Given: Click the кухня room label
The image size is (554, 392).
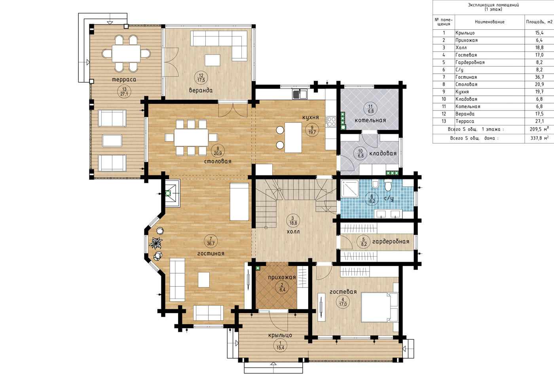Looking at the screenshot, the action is tap(310, 117).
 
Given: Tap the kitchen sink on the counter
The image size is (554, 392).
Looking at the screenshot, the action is tap(300, 94).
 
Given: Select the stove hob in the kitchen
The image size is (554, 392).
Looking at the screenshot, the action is tap(331, 122).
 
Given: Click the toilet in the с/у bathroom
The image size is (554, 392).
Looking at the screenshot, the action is tap(388, 185).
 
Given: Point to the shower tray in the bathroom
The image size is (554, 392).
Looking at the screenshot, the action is tap(350, 188).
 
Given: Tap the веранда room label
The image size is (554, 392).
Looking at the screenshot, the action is tap(201, 90).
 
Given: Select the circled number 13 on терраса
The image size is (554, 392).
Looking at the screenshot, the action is tap(124, 91).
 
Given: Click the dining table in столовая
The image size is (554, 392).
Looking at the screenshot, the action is tap(191, 137).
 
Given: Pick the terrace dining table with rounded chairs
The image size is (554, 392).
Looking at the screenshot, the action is tap(126, 53).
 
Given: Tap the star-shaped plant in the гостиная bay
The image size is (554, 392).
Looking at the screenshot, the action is tap(156, 243).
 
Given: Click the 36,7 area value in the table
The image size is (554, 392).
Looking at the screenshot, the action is tap(539, 77).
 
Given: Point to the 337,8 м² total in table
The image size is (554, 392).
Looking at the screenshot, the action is tap(539, 138).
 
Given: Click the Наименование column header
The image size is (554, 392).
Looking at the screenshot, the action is tap(489, 22).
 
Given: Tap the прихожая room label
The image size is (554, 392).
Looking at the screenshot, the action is tap(282, 278).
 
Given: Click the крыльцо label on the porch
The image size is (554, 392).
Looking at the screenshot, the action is tap(280, 335).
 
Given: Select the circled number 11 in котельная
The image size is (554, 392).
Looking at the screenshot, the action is tap(370, 109).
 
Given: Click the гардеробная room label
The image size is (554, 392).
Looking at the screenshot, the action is tap(391, 241).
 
